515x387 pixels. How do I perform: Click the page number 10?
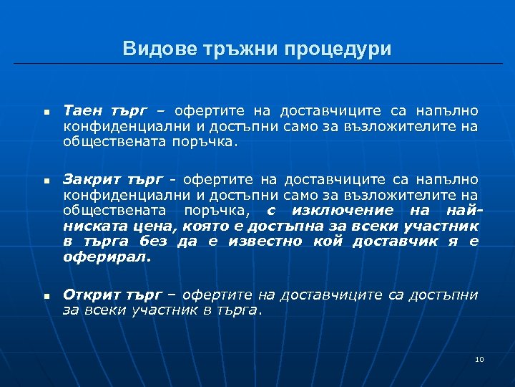479,358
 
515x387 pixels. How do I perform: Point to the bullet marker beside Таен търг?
44,113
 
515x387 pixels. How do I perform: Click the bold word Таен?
81,111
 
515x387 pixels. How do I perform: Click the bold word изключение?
334,209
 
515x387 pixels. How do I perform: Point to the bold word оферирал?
107,257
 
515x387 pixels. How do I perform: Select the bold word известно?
268,241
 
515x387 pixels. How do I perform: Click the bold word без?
153,241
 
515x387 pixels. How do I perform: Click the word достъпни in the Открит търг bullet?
448,294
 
